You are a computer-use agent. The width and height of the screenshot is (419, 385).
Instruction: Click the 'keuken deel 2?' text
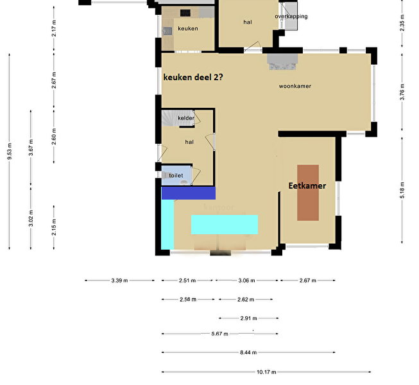coord(193,77)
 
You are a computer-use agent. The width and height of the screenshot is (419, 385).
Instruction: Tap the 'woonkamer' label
coord(295,86)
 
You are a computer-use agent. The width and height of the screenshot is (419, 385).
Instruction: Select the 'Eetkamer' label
coord(307,185)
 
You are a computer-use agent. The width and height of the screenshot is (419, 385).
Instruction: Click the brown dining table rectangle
coord(308,193)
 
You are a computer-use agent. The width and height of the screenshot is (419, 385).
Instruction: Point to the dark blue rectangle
coord(189,193)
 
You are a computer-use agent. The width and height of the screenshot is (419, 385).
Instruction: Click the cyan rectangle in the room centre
coord(225,225)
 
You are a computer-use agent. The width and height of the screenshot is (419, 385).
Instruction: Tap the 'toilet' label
coord(176,176)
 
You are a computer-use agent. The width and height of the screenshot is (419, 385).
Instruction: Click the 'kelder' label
coord(186,118)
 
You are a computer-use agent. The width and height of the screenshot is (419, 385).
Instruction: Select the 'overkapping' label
coord(291,16)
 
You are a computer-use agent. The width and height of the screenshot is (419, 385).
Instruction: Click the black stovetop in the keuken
coord(185,13)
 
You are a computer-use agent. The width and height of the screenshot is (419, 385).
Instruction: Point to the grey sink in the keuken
coord(167,31)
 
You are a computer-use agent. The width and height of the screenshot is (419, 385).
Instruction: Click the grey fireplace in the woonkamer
coord(282,62)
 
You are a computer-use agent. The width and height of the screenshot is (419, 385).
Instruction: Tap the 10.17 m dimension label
coord(266,372)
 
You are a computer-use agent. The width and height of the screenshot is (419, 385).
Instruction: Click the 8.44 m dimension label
coord(248,352)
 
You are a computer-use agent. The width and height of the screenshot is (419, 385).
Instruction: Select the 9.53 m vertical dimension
coord(10,151)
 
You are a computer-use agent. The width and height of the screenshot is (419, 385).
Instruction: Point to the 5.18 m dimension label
coord(402,190)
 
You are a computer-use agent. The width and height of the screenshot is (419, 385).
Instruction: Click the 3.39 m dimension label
coord(119,280)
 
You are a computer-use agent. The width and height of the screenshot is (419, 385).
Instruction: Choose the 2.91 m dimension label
coord(248,318)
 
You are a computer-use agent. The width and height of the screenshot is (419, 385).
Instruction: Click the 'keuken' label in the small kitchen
coord(188,29)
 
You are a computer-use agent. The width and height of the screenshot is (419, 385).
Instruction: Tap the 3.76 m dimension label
coord(402,92)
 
